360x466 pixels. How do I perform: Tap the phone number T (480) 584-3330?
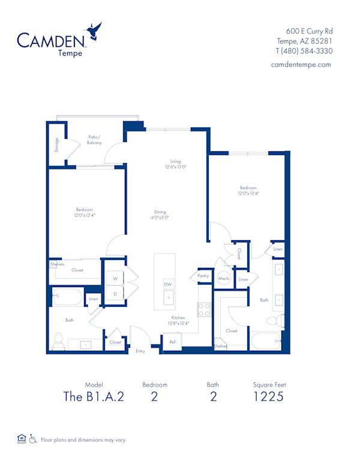coord(304,51)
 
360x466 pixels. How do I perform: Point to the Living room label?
coord(175,164)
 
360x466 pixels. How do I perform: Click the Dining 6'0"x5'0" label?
coord(159,215)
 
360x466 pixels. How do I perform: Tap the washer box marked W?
coord(115,279)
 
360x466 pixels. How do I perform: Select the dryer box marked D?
coord(115,294)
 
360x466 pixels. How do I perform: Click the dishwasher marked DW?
coord(169,285)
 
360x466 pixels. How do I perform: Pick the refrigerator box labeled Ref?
coord(172,341)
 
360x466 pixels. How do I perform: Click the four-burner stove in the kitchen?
coord(205,309)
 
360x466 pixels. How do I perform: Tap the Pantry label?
coord(203,276)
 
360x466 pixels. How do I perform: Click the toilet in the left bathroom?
coord(59,340)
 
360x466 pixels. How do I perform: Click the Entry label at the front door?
coord(140,351)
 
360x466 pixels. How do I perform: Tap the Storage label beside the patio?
coord(56,145)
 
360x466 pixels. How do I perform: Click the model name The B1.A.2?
coord(94,396)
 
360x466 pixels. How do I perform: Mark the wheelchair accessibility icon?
coord(33,439)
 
